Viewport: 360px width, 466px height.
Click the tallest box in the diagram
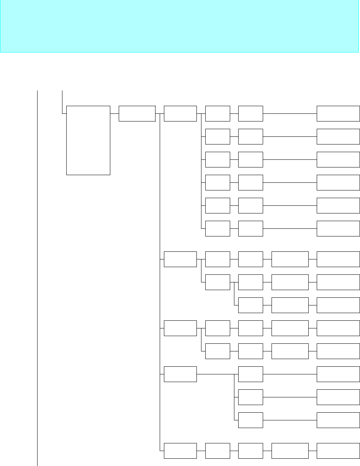(88, 140)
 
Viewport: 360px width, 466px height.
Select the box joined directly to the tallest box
(137, 113)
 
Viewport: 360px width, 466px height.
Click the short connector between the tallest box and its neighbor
(115, 113)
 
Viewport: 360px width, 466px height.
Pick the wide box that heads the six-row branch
(180, 113)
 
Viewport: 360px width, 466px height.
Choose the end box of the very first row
(338, 113)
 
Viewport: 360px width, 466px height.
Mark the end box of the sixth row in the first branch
(338, 228)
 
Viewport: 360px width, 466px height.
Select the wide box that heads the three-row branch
(180, 259)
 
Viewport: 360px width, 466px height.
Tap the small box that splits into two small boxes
(218, 282)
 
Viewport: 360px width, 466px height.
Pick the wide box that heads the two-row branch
(180, 328)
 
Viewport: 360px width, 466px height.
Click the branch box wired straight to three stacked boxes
(180, 374)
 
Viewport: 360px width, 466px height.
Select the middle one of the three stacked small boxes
(250, 397)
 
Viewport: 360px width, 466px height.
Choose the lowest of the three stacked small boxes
(250, 420)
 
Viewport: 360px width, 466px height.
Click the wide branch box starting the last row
(180, 451)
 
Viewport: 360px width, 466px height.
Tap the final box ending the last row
(338, 451)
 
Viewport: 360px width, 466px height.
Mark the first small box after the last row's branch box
(218, 451)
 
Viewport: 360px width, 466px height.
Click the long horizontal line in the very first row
(290, 113)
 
